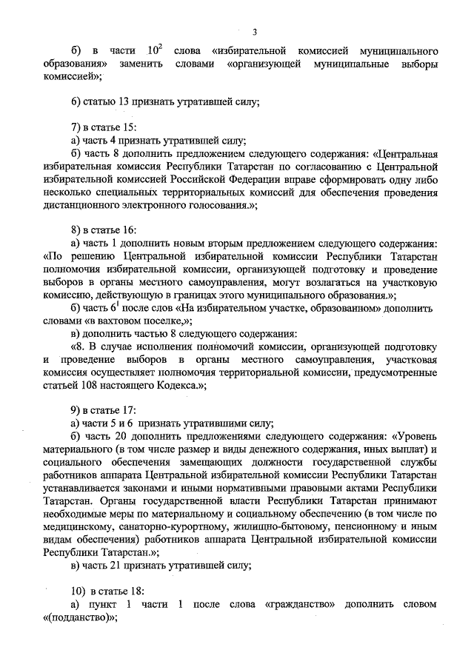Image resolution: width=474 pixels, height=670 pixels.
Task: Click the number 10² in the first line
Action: point(154,50)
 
